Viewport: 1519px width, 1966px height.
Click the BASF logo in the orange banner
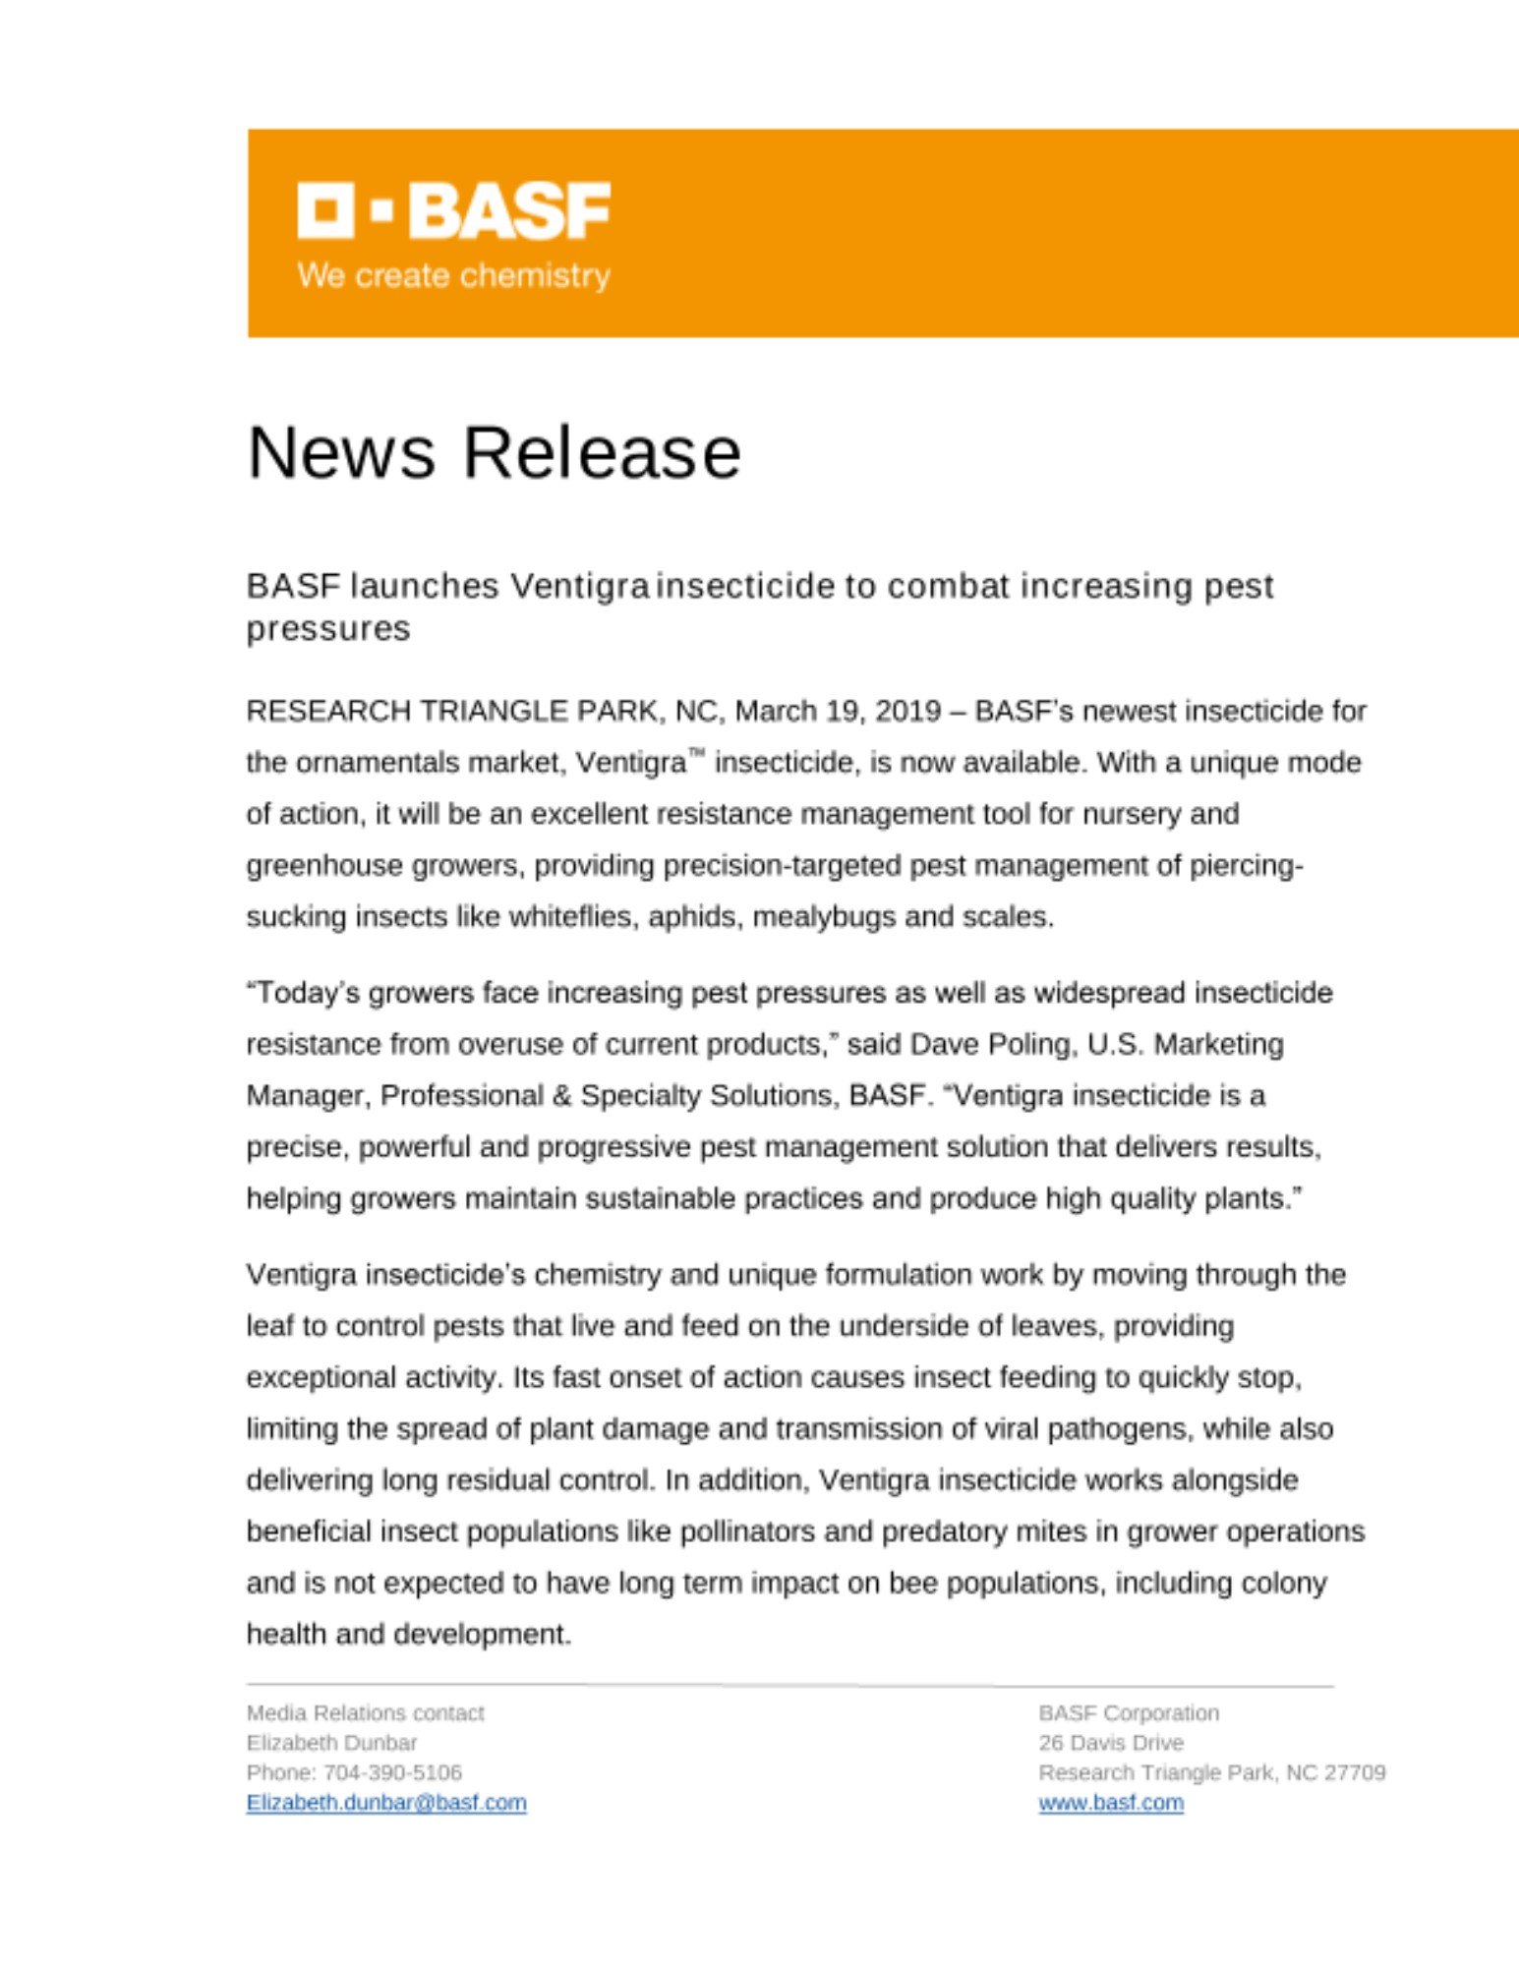pos(453,209)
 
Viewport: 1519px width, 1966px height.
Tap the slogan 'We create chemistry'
pos(453,275)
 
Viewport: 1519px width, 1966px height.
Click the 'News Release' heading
pos(494,453)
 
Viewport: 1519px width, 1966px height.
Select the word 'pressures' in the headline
pos(327,629)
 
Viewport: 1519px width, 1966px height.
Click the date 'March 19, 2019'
pos(838,711)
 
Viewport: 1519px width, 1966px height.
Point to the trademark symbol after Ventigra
pos(696,754)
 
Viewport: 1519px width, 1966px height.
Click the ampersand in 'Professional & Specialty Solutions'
pos(561,1096)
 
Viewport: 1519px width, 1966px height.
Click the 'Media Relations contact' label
pos(365,1713)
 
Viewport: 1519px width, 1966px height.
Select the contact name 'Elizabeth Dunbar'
pos(331,1743)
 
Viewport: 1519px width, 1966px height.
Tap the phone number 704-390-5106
pos(392,1772)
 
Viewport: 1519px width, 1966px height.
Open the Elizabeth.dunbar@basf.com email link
pos(386,1803)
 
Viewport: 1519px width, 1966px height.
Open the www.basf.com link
pos(1111,1803)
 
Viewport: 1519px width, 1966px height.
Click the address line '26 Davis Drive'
pos(1111,1743)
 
